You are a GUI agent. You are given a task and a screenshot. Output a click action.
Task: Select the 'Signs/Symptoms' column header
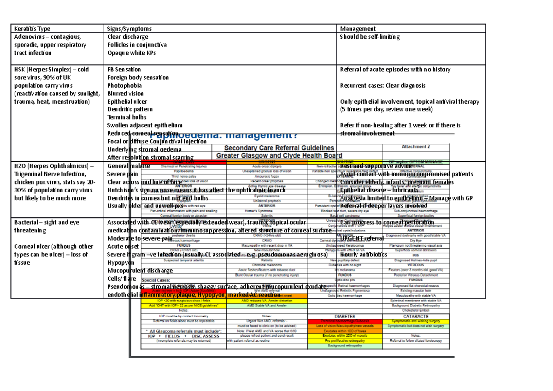point(129,29)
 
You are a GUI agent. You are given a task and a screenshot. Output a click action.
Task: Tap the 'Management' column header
point(358,29)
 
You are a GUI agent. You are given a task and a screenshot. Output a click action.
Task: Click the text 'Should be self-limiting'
point(370,37)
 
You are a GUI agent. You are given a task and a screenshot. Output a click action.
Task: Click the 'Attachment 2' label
point(416,147)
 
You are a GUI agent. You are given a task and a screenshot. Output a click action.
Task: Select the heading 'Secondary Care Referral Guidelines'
point(279,148)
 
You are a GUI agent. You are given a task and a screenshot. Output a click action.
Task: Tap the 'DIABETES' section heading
point(345,316)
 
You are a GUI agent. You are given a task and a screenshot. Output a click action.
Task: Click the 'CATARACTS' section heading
point(416,316)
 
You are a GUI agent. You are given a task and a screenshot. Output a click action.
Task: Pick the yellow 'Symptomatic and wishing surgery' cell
point(416,321)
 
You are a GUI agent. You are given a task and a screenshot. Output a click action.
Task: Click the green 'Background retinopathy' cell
point(345,345)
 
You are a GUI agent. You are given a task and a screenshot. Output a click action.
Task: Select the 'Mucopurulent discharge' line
point(140,271)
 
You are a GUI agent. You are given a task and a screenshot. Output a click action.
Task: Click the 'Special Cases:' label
point(156,280)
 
